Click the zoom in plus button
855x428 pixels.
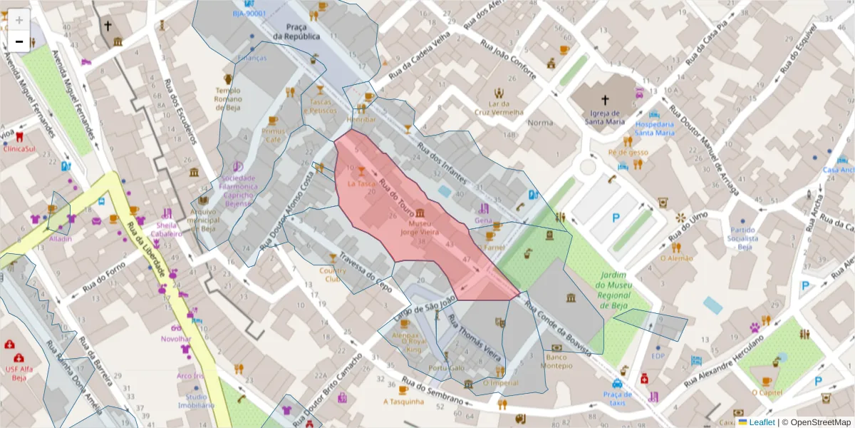tap(19, 20)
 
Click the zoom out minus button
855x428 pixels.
tap(19, 41)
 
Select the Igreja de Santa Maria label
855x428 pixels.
tap(605, 117)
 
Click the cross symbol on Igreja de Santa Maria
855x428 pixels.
tap(606, 100)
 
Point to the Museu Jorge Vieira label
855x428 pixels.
tap(420, 228)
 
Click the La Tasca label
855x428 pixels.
tap(361, 183)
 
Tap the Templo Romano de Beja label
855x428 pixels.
tap(228, 99)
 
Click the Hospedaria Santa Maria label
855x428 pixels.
tap(655, 128)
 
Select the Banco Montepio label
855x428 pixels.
tap(556, 361)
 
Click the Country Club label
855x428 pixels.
tap(332, 275)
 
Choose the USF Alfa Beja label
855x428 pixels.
tap(19, 374)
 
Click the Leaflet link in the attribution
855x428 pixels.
tap(762, 422)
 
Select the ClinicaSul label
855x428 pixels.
tap(20, 150)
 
